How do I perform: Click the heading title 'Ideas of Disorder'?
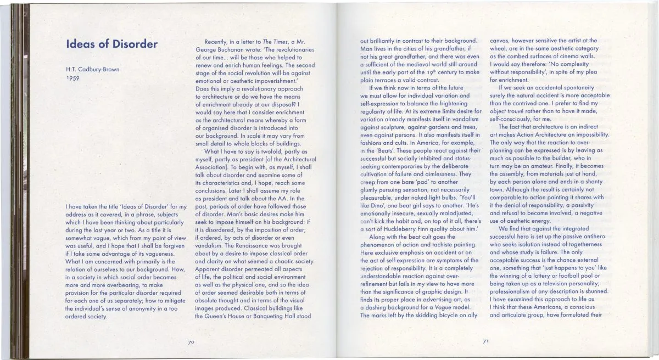click(x=111, y=44)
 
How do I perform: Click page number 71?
click(x=485, y=341)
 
